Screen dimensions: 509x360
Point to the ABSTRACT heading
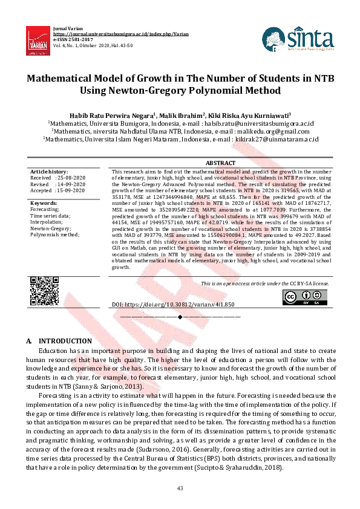pos(220,163)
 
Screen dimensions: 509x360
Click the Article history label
pos(50,172)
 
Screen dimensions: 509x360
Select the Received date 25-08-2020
pos(71,178)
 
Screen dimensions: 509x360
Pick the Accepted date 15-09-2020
pos(71,190)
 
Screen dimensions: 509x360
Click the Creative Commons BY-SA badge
pos(299,297)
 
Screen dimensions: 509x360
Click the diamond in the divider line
pos(180,317)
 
